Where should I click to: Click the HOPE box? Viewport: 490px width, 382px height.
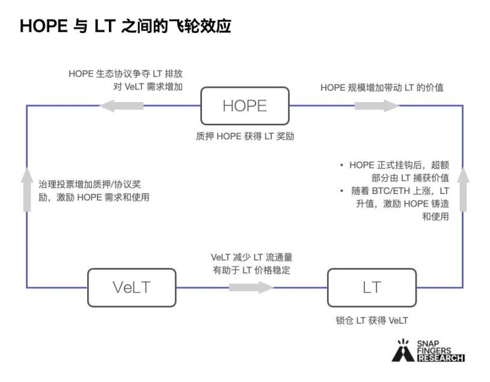point(244,106)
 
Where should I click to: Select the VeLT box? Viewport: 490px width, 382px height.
point(132,287)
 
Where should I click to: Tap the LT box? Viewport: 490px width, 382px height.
point(372,287)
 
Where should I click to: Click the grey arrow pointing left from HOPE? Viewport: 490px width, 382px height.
point(121,106)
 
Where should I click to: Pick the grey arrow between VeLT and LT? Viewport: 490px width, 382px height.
point(251,287)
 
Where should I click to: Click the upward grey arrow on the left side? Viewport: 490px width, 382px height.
point(26,189)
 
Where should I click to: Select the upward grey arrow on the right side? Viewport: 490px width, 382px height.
point(463,189)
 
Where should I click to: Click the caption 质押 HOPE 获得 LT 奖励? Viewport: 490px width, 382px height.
point(245,136)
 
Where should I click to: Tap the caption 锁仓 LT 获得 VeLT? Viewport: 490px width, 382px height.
point(372,320)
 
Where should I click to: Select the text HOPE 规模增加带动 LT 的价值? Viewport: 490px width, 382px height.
point(382,88)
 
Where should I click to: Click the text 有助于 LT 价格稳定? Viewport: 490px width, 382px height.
point(251,270)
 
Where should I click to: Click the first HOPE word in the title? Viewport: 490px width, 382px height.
point(41,26)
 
